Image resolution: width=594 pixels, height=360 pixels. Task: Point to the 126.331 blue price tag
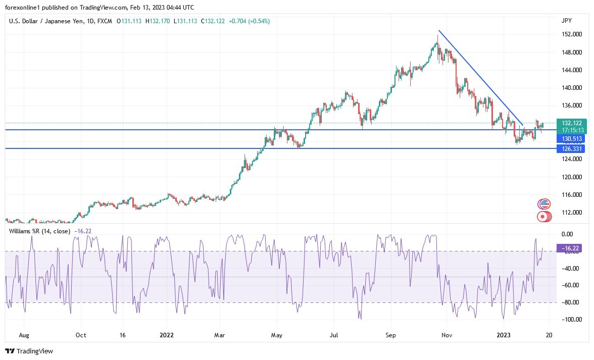[x=570, y=149]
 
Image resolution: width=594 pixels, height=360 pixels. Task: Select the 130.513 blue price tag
[x=570, y=138]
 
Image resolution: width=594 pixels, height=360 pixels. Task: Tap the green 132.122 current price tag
[x=570, y=123]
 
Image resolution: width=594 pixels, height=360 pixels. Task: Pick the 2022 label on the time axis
[x=167, y=335]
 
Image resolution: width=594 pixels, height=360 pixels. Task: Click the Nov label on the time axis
[x=445, y=335]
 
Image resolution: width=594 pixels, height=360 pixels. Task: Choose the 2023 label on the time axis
[x=504, y=335]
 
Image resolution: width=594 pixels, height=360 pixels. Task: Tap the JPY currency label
[x=567, y=21]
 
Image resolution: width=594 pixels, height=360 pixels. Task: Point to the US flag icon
[x=544, y=204]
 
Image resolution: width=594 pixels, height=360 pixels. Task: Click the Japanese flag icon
[x=543, y=217]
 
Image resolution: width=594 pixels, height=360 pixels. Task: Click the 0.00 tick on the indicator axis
[x=567, y=234]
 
